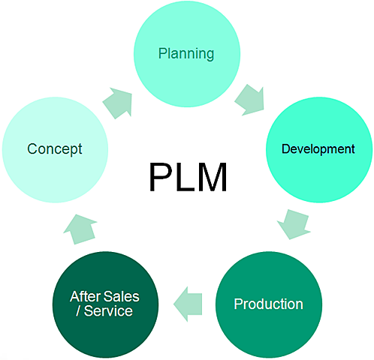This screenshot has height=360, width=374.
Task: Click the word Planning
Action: point(185,53)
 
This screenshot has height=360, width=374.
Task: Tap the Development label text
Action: point(318,148)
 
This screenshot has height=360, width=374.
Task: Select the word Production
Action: point(268,304)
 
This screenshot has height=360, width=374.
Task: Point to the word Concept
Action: point(55,148)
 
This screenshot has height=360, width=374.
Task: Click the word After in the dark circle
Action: point(85,296)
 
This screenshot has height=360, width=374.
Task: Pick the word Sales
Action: point(121,296)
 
